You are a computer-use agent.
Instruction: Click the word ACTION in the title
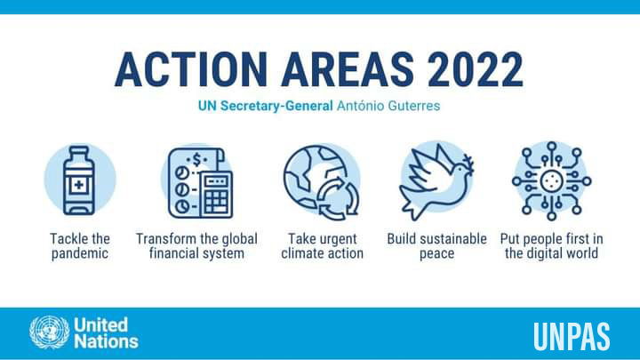coord(191,69)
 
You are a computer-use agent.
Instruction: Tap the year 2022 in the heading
coord(475,69)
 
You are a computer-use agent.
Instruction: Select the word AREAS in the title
coord(348,69)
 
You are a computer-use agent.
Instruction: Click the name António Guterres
coord(388,106)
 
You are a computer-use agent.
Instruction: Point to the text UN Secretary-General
coord(265,106)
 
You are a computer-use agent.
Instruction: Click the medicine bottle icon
coord(79,180)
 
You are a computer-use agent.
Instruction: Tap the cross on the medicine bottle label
coord(79,185)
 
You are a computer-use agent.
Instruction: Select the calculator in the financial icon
coord(217,195)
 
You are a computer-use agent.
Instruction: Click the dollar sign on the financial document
coord(197,159)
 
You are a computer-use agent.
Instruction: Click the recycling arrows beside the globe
coord(338,197)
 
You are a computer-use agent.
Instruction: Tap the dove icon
coord(436,181)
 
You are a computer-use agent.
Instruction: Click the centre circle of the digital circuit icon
coord(551,181)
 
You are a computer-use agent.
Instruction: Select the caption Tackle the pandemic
coord(80,245)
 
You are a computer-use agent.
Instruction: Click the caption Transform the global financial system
coord(196,245)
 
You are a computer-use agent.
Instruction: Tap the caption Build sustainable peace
coord(436,245)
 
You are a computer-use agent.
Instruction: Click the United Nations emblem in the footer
coord(50,332)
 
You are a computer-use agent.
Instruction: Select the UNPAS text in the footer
coord(572,336)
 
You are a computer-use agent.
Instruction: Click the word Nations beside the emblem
coord(106,341)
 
